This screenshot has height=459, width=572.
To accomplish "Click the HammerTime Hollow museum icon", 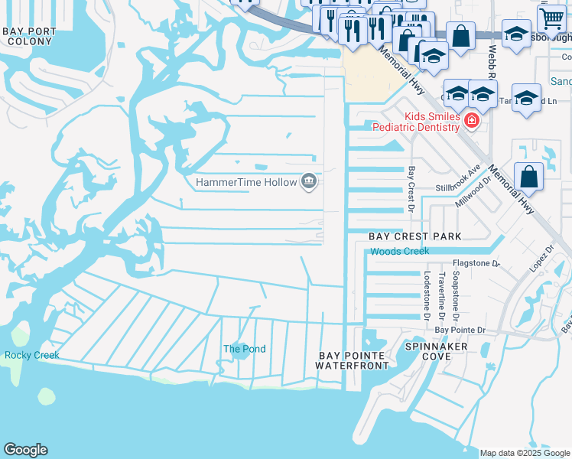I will pos(309,181).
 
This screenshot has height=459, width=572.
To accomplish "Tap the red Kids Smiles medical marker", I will pos(472,121).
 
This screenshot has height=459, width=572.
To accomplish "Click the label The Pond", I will pos(244,349).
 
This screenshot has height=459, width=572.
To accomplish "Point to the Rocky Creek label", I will pos(31,355).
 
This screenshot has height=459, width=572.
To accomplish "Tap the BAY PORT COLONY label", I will pos(29,37).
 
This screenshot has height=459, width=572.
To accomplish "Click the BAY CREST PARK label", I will pos(415,236).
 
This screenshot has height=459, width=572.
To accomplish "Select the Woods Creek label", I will pos(400,251).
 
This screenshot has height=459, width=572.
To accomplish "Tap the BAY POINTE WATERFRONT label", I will pos(353,361).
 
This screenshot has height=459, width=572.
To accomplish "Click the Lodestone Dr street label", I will pos(427,295).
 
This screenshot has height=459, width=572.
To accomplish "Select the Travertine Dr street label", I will pos(442,295).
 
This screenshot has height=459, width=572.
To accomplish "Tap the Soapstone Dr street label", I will pos(456,295).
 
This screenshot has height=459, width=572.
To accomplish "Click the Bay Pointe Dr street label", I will pos(460,330).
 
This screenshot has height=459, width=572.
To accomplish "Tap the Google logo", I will pos(25,450).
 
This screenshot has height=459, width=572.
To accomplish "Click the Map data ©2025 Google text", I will pos(524,453).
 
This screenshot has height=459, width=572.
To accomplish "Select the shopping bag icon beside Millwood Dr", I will pos(528,176).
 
